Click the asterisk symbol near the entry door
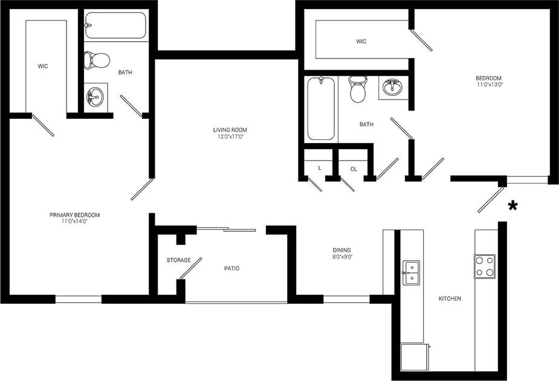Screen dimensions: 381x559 tap(513, 206)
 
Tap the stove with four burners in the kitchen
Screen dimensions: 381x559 tap(484, 266)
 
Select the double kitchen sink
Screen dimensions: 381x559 tap(411, 272)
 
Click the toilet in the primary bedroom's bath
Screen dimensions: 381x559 tap(97, 60)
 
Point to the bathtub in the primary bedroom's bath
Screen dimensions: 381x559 tap(115, 25)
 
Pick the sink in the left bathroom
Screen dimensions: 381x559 tap(95, 97)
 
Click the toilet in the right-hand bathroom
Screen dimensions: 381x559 tap(358, 89)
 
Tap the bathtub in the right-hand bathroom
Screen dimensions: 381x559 tap(320, 109)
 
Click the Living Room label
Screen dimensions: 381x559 tap(230, 130)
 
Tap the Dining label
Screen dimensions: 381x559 tap(341, 250)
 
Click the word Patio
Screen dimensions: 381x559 tap(231, 268)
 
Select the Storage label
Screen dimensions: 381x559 tap(178, 260)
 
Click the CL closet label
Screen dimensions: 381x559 tap(354, 169)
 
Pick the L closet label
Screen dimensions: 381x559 tap(319, 168)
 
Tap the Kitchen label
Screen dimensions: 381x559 tap(450, 298)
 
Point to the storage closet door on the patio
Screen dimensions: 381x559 tap(190, 269)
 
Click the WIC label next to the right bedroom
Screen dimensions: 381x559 tap(361, 42)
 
